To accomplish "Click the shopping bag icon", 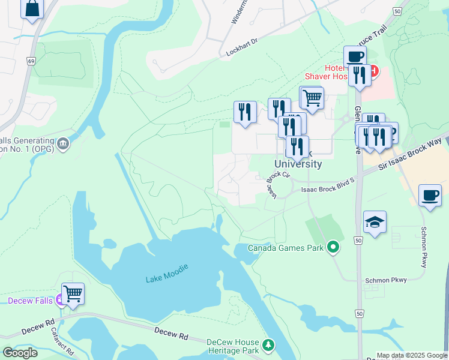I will (x=32, y=8).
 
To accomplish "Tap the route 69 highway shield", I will (x=30, y=61).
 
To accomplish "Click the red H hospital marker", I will (x=373, y=71).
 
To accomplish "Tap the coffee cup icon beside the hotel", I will (x=355, y=57).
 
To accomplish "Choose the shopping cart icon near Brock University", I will (x=312, y=97).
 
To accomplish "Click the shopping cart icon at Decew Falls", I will (x=73, y=294).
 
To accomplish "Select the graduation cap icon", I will (x=375, y=223).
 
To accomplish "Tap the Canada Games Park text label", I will (x=286, y=248).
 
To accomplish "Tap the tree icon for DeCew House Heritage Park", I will (x=268, y=344).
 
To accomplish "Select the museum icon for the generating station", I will (x=63, y=144).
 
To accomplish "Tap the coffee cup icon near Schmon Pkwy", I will (x=430, y=196).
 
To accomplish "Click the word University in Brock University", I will (x=298, y=164).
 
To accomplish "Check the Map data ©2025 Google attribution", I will (x=411, y=355).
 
